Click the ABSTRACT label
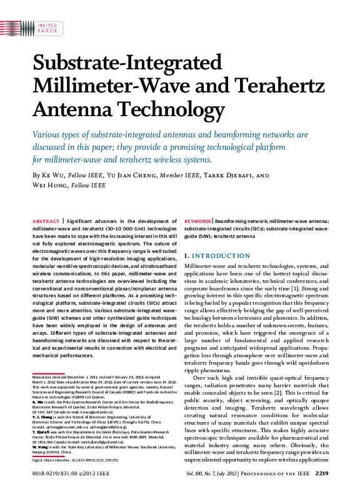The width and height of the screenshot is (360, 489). pos(46,222)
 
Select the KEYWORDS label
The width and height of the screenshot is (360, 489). pos(198,222)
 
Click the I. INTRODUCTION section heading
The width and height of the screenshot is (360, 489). pos(217,256)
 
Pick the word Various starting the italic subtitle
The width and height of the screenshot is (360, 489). pos(50,134)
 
